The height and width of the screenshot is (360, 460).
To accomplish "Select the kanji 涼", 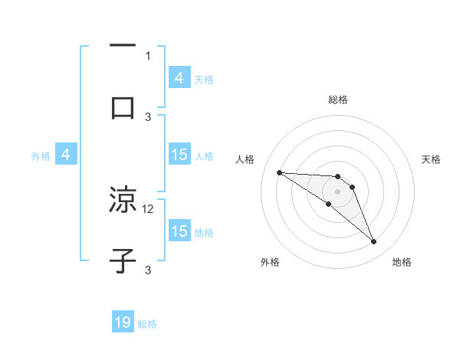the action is [x=123, y=201].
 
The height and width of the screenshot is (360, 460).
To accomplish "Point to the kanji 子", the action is [x=123, y=260].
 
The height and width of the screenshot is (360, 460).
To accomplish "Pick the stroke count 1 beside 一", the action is [x=148, y=55].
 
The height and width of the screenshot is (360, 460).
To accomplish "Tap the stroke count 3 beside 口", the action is [x=148, y=116].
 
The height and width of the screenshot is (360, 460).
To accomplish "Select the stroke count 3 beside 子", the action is [x=148, y=270].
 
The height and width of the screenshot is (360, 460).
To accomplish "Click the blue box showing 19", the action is [x=123, y=323].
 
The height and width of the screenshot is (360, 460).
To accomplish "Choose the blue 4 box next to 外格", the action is [x=66, y=155].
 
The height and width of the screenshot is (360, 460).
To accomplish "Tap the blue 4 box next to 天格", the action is [x=179, y=78].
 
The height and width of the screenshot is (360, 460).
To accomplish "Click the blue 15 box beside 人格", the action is [x=179, y=155].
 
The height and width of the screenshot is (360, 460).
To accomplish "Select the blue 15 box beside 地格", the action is [x=179, y=231].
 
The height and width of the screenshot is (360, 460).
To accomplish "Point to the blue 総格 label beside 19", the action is [x=148, y=324].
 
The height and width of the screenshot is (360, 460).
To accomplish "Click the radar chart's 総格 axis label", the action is [x=338, y=100].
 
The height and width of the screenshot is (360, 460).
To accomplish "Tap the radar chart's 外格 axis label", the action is [x=270, y=262].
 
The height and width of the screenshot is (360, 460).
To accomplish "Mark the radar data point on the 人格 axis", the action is [x=279, y=172].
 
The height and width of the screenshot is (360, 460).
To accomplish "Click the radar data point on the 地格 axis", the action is [x=374, y=242].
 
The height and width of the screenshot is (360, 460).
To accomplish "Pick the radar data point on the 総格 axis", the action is [x=338, y=176].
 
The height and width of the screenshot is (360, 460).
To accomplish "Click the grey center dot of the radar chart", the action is [x=338, y=191].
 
